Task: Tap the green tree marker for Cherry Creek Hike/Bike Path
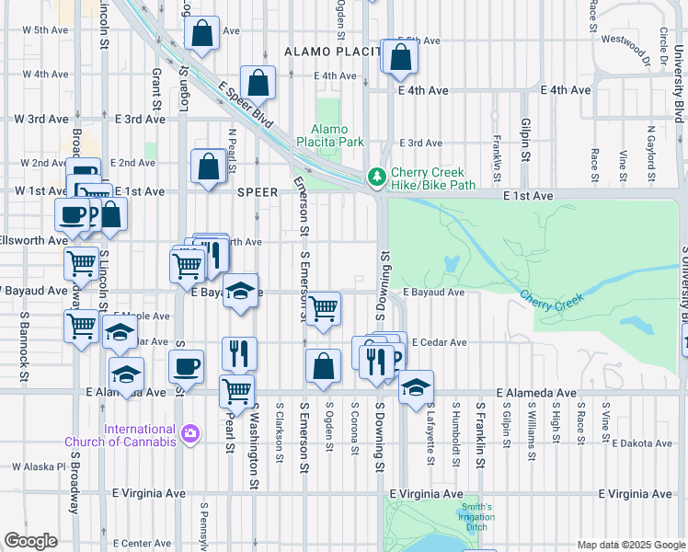coord(376,176)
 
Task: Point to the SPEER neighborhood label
coord(257,192)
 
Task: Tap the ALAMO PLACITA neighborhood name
coord(331,52)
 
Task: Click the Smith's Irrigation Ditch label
coord(476,512)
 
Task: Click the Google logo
coord(30,540)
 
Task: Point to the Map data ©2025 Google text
coord(630,545)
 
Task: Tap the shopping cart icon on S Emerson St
coord(323,309)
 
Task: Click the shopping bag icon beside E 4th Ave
coord(259,83)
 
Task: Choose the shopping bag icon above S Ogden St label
coord(323,366)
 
